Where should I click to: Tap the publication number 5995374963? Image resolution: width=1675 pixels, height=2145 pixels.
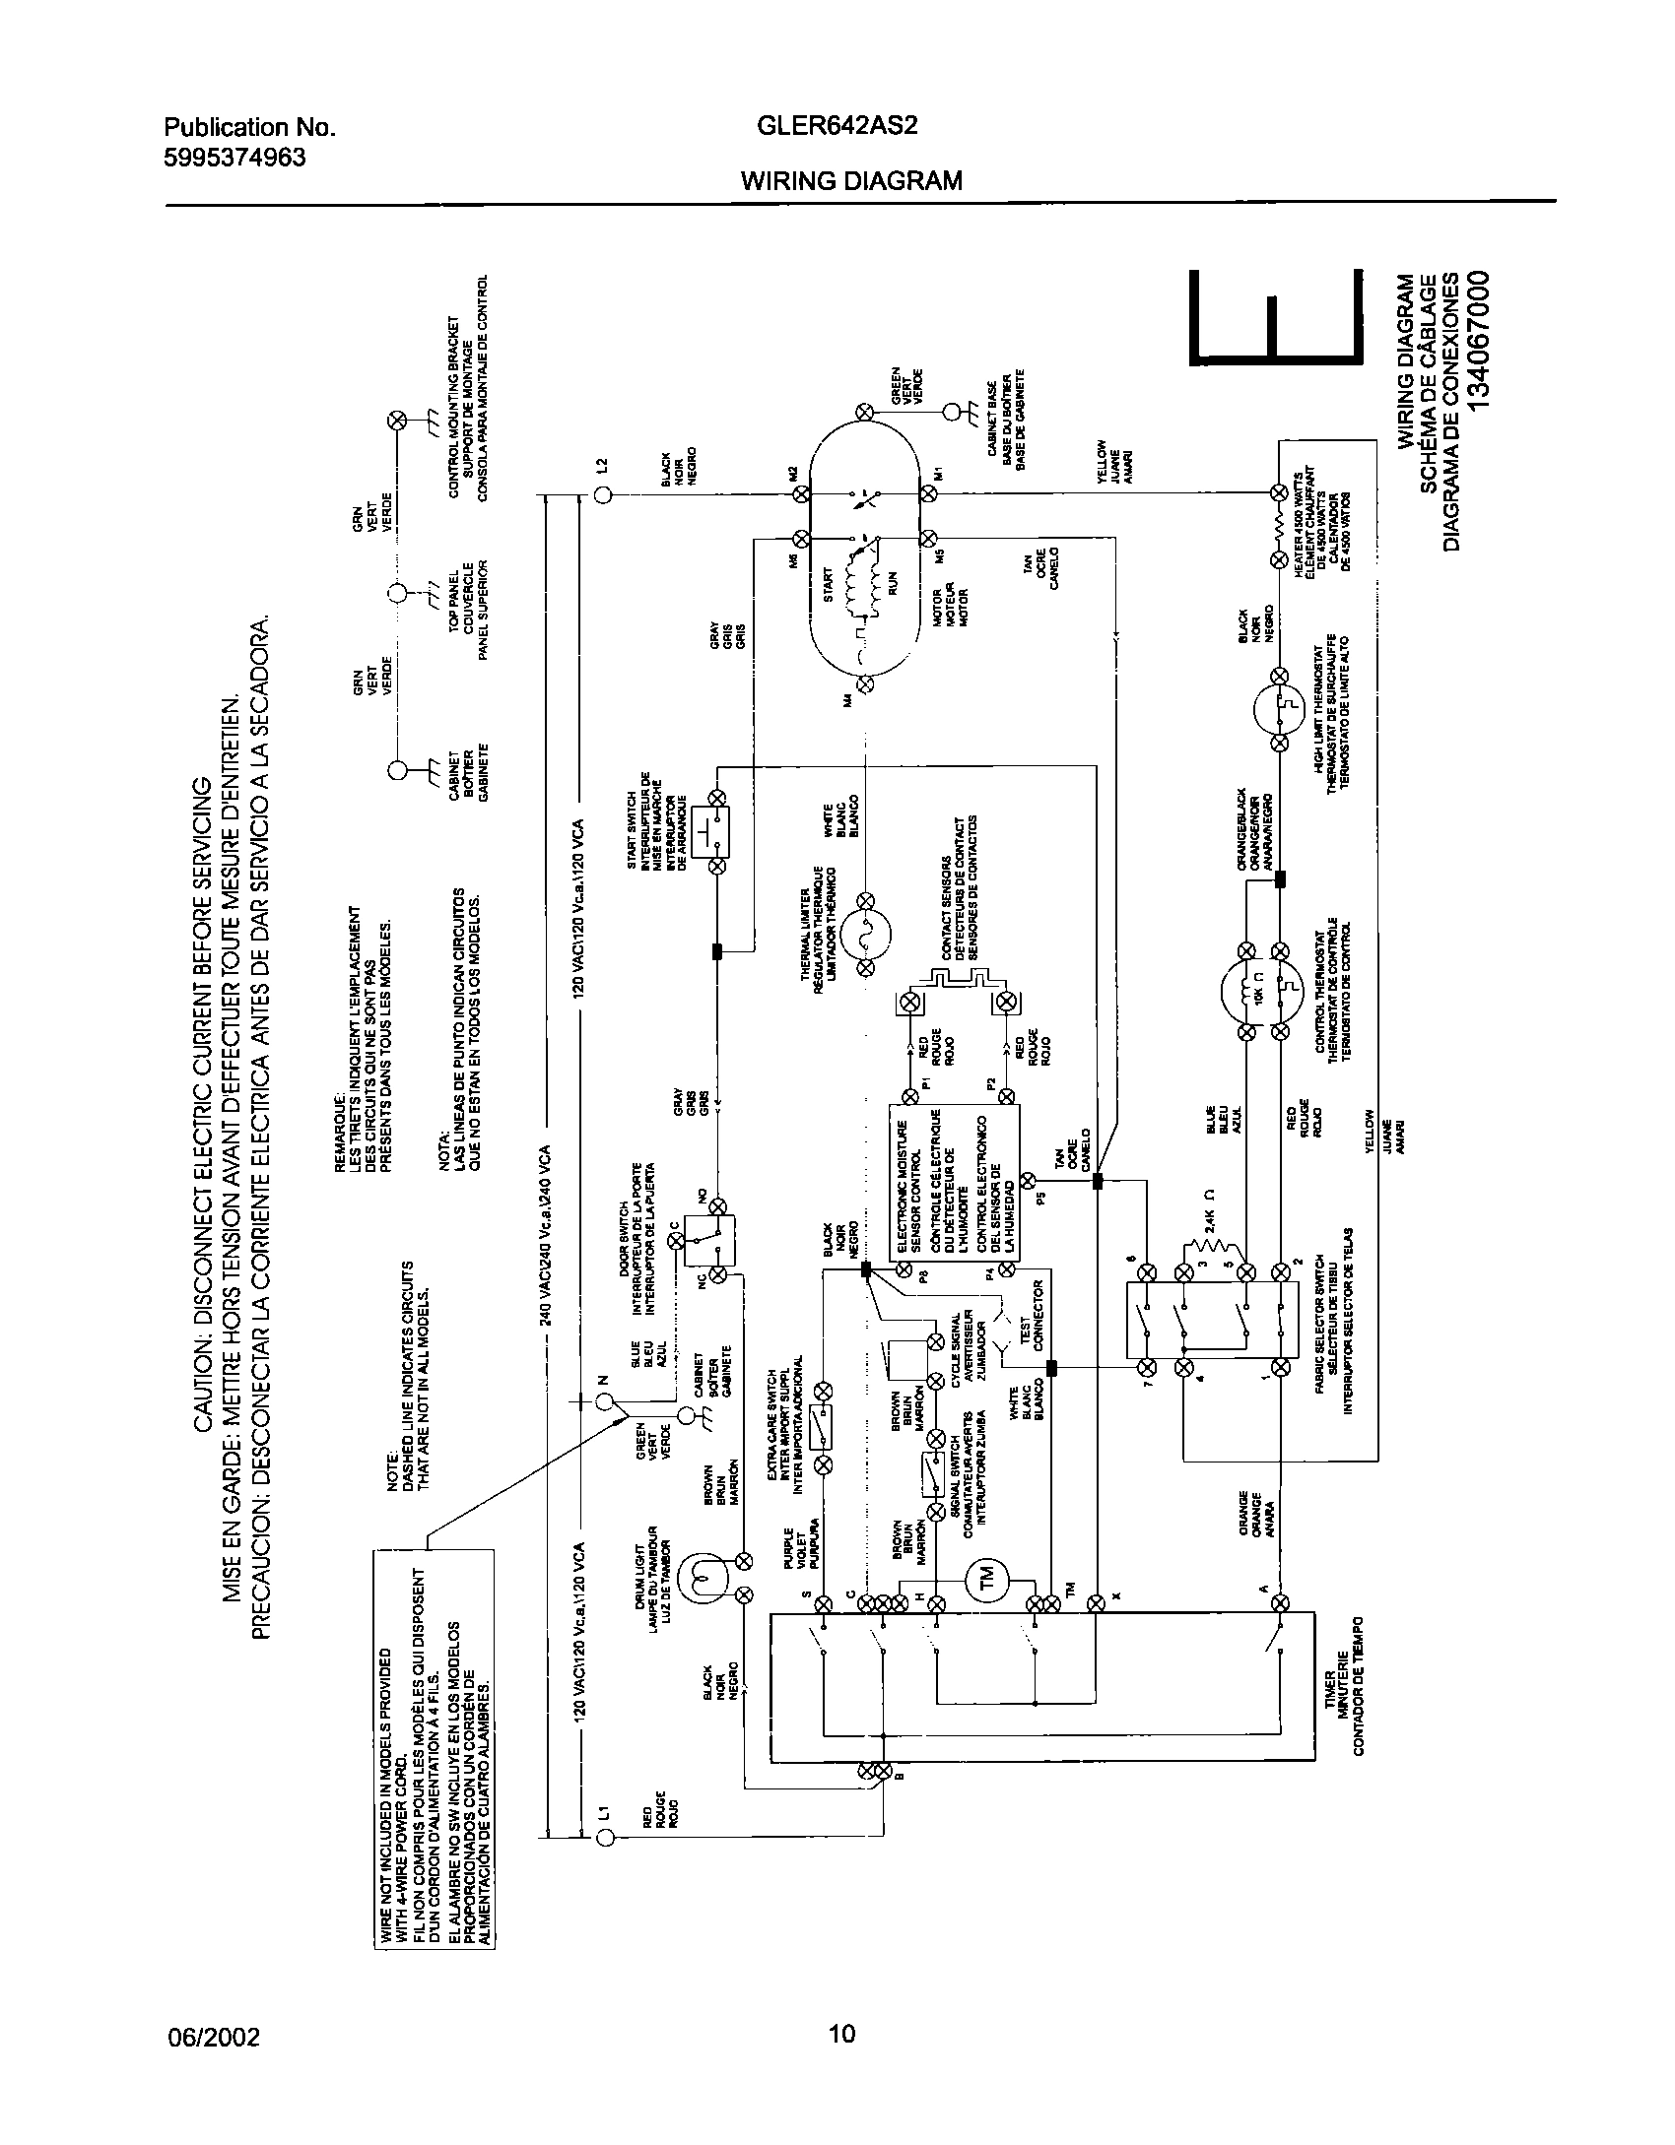pos(234,157)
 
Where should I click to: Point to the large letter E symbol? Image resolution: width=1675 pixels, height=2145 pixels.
pos(1277,317)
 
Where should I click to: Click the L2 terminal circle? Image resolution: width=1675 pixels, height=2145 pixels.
pos(604,494)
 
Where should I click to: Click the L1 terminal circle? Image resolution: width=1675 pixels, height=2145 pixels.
pos(605,1837)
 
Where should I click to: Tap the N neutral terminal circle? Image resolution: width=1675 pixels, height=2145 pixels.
pos(605,1400)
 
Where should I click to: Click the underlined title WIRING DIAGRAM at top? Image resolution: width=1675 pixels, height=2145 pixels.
pos(851,181)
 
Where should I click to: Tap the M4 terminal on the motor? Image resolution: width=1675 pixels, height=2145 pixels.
pos(866,682)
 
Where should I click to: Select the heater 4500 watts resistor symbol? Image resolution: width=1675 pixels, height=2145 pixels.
pos(1279,526)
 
